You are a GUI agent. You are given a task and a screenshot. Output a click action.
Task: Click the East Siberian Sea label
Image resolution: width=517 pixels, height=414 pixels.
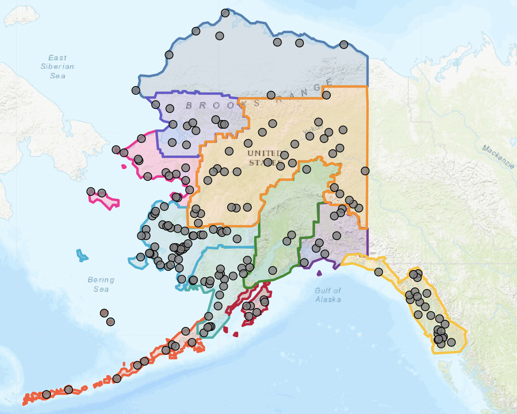point(57,67)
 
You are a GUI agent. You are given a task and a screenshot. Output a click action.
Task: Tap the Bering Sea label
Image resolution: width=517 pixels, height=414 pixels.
point(101,284)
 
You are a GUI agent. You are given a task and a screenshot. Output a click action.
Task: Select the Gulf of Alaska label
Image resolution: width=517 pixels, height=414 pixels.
point(328,295)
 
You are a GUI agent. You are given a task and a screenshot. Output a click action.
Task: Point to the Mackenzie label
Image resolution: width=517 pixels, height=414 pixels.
point(498,156)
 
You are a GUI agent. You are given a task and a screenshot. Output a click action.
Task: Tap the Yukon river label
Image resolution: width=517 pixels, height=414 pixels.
point(313,129)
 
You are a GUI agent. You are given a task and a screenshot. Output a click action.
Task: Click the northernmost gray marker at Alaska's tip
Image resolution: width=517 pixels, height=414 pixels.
point(225,13)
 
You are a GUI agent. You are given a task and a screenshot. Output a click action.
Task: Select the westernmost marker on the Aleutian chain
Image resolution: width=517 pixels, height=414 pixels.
point(46,394)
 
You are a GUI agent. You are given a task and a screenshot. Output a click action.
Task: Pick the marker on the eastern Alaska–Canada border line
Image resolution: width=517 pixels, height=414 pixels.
point(365,171)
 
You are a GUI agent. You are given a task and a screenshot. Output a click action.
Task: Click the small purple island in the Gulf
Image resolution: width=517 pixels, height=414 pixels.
point(319,273)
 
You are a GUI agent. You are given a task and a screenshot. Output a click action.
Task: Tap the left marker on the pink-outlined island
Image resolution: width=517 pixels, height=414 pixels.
point(91,191)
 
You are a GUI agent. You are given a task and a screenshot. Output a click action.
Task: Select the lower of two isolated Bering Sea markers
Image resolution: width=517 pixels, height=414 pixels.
point(110,322)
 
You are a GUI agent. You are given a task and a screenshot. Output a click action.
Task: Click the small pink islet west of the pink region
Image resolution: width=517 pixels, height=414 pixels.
point(124,166)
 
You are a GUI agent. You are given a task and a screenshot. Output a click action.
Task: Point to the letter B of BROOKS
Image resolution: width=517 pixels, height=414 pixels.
point(189,105)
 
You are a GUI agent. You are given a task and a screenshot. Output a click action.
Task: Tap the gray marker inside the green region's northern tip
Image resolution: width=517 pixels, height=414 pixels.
point(307,169)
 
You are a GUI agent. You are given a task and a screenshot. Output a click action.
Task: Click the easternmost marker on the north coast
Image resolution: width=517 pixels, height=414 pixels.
point(344,45)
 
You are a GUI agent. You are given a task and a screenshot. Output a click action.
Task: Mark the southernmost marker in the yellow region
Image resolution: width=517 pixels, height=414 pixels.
point(441,343)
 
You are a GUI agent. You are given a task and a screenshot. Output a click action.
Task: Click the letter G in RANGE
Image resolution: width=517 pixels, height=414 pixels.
point(317,88)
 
